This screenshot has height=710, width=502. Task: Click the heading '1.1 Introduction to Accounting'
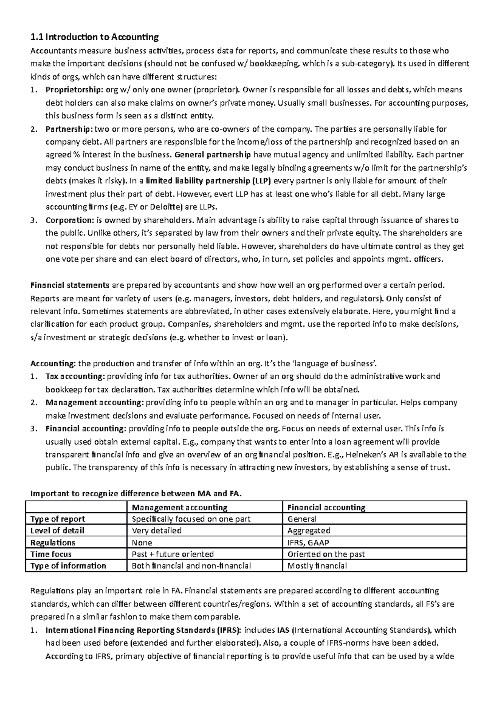click(95, 38)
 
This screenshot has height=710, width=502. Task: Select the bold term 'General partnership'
click(212, 155)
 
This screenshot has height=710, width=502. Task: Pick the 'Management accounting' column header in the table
click(179, 508)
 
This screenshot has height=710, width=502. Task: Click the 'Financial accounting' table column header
click(326, 508)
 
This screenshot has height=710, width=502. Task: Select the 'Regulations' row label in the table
click(53, 543)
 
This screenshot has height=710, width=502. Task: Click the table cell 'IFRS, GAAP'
click(308, 543)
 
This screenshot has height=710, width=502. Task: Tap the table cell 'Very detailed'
click(156, 531)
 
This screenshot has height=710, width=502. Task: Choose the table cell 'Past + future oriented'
click(173, 554)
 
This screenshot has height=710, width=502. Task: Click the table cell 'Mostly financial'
click(317, 566)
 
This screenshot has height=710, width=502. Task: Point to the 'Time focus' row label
click(51, 554)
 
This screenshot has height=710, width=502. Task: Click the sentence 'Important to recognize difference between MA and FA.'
click(136, 493)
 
